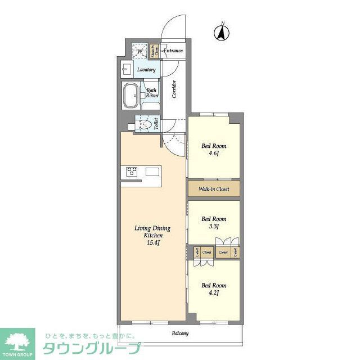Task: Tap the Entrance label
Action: point(173,51)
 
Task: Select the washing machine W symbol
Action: point(139,51)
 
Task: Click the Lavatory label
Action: point(146,70)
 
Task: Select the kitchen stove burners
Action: point(132,172)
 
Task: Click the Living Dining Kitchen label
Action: point(152,232)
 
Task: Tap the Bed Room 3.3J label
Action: point(214,222)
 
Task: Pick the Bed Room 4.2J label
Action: point(214,289)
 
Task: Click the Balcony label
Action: point(180,334)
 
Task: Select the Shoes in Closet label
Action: point(154,51)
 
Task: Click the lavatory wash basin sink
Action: point(125,70)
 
